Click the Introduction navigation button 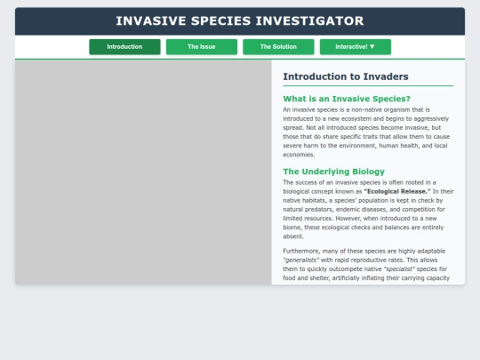[x=124, y=47]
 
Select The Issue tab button [x=202, y=47]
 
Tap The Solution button [x=278, y=47]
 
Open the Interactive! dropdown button [x=355, y=47]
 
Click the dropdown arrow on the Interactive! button [x=372, y=46]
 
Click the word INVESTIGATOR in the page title [x=309, y=20]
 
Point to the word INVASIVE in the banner [x=151, y=20]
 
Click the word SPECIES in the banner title [x=220, y=20]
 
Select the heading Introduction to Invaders [x=346, y=76]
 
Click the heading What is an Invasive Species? [x=347, y=99]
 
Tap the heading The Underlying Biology [x=333, y=172]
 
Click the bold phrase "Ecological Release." [x=397, y=191]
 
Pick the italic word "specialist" [x=399, y=268]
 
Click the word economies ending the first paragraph [x=299, y=155]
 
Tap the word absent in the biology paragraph [x=293, y=236]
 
